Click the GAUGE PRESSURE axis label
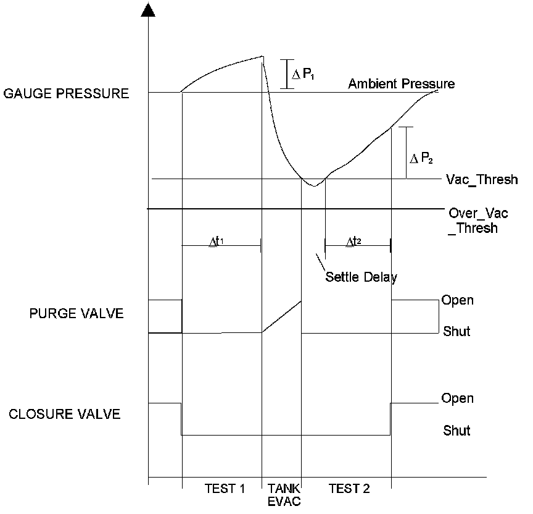[66, 95]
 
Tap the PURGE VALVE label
[76, 313]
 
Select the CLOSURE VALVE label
[65, 414]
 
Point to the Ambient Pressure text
[402, 84]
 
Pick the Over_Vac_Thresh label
[473, 219]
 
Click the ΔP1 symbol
[302, 75]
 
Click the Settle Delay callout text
[362, 277]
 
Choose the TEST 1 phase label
[225, 489]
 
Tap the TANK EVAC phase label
[283, 495]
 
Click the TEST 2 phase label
[349, 489]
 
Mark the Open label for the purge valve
[457, 301]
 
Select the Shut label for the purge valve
[457, 332]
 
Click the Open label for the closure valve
[457, 398]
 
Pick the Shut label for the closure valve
[457, 431]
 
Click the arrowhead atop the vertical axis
[148, 9]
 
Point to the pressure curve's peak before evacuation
[263, 56]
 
